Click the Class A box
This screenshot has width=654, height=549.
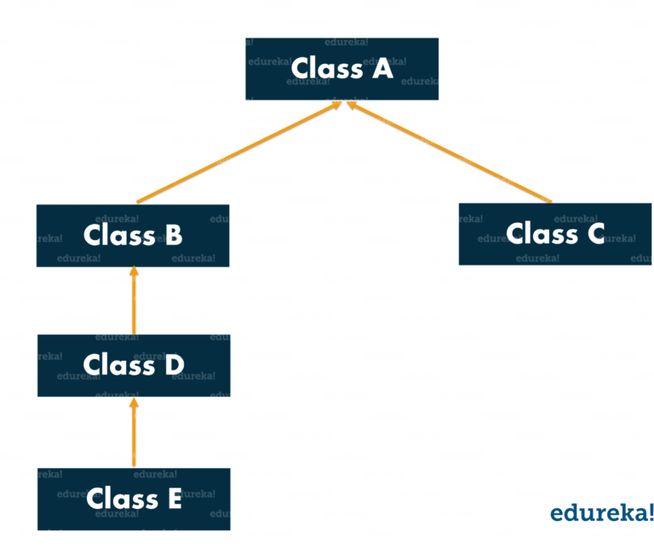point(341,69)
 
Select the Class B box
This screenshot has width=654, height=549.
point(133,235)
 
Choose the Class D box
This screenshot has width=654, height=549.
point(133,365)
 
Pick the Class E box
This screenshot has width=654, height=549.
point(133,499)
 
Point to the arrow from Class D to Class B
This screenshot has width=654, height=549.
point(134,302)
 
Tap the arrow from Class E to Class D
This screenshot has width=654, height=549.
point(134,434)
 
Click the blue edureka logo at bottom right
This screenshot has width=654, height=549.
point(600,512)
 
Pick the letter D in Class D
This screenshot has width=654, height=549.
point(173,365)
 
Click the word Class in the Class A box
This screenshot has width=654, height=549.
point(324,68)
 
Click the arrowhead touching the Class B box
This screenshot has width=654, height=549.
point(134,275)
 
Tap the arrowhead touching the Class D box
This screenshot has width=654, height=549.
point(134,404)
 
